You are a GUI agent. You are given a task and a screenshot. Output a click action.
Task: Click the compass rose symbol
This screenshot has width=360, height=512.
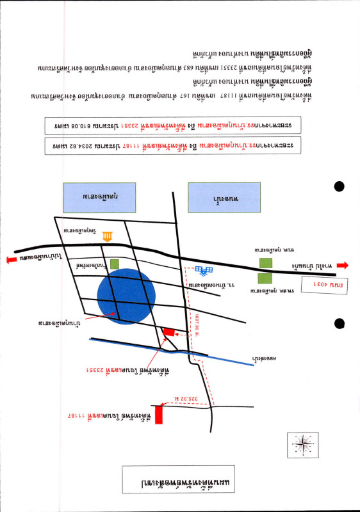pyautogui.click(x=303, y=442)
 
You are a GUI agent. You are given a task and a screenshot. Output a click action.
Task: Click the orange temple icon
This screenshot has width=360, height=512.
pyautogui.click(x=107, y=237)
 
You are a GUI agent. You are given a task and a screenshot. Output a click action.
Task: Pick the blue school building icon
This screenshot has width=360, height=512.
pyautogui.click(x=204, y=271)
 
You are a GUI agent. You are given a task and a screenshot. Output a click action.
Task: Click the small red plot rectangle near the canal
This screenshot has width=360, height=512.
pyautogui.click(x=168, y=332)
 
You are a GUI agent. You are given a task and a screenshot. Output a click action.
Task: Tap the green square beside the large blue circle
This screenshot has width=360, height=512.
pyautogui.click(x=115, y=263)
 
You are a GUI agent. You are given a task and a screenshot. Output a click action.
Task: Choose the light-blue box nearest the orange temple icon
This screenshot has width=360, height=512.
pyautogui.click(x=100, y=198)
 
